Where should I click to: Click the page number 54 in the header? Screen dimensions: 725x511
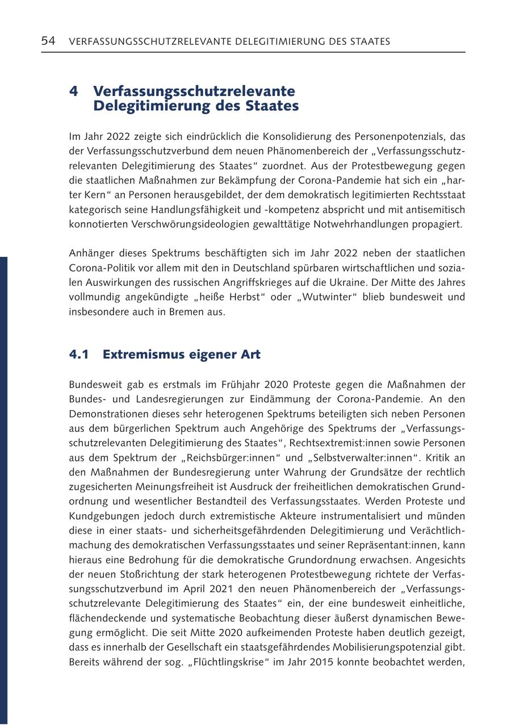[48, 41]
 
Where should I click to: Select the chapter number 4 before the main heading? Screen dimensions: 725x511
[73, 91]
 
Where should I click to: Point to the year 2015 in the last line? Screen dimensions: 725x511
[322, 662]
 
